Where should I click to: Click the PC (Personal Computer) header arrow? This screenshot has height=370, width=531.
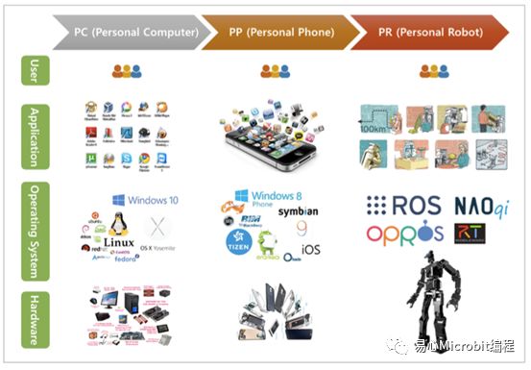pyautogui.click(x=135, y=32)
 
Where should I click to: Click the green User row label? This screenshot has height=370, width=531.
pyautogui.click(x=34, y=71)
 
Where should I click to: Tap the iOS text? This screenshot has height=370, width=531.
pyautogui.click(x=313, y=249)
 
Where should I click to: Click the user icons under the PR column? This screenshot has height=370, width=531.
pyautogui.click(x=432, y=71)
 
